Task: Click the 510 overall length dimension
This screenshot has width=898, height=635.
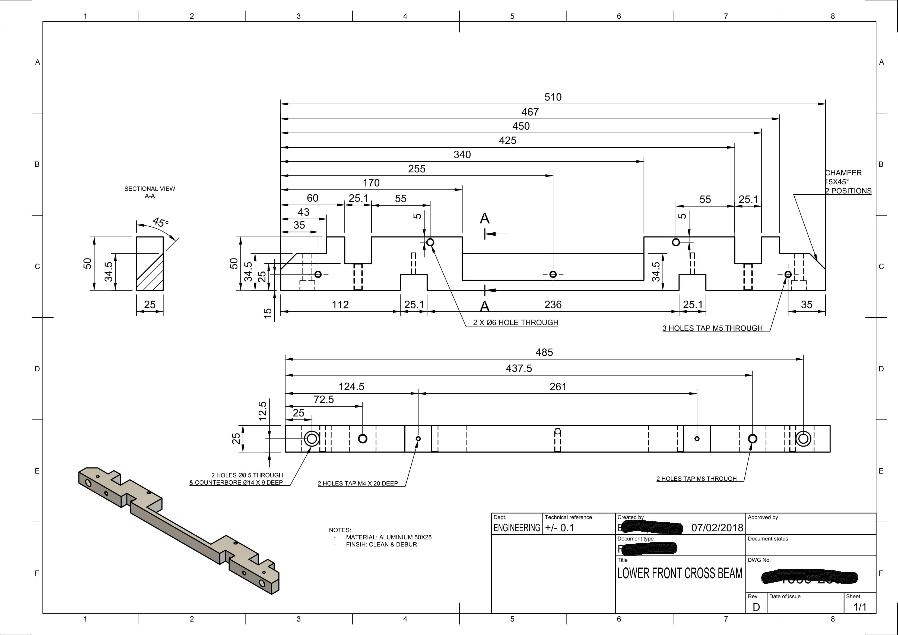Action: [553, 97]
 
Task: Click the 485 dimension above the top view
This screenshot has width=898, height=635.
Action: [544, 352]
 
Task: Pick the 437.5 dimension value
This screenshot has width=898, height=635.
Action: [519, 369]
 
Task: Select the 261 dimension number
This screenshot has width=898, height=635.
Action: [558, 387]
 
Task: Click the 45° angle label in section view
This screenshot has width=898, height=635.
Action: [160, 223]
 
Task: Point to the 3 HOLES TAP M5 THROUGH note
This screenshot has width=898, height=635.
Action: [712, 328]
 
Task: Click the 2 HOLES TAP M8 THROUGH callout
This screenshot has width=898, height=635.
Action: [696, 479]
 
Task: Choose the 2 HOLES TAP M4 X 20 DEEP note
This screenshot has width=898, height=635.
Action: [357, 483]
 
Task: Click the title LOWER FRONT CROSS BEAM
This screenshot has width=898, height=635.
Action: [679, 574]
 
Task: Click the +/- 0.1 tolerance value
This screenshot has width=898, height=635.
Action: [559, 528]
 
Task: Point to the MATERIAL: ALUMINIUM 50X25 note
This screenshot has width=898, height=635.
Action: [388, 537]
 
